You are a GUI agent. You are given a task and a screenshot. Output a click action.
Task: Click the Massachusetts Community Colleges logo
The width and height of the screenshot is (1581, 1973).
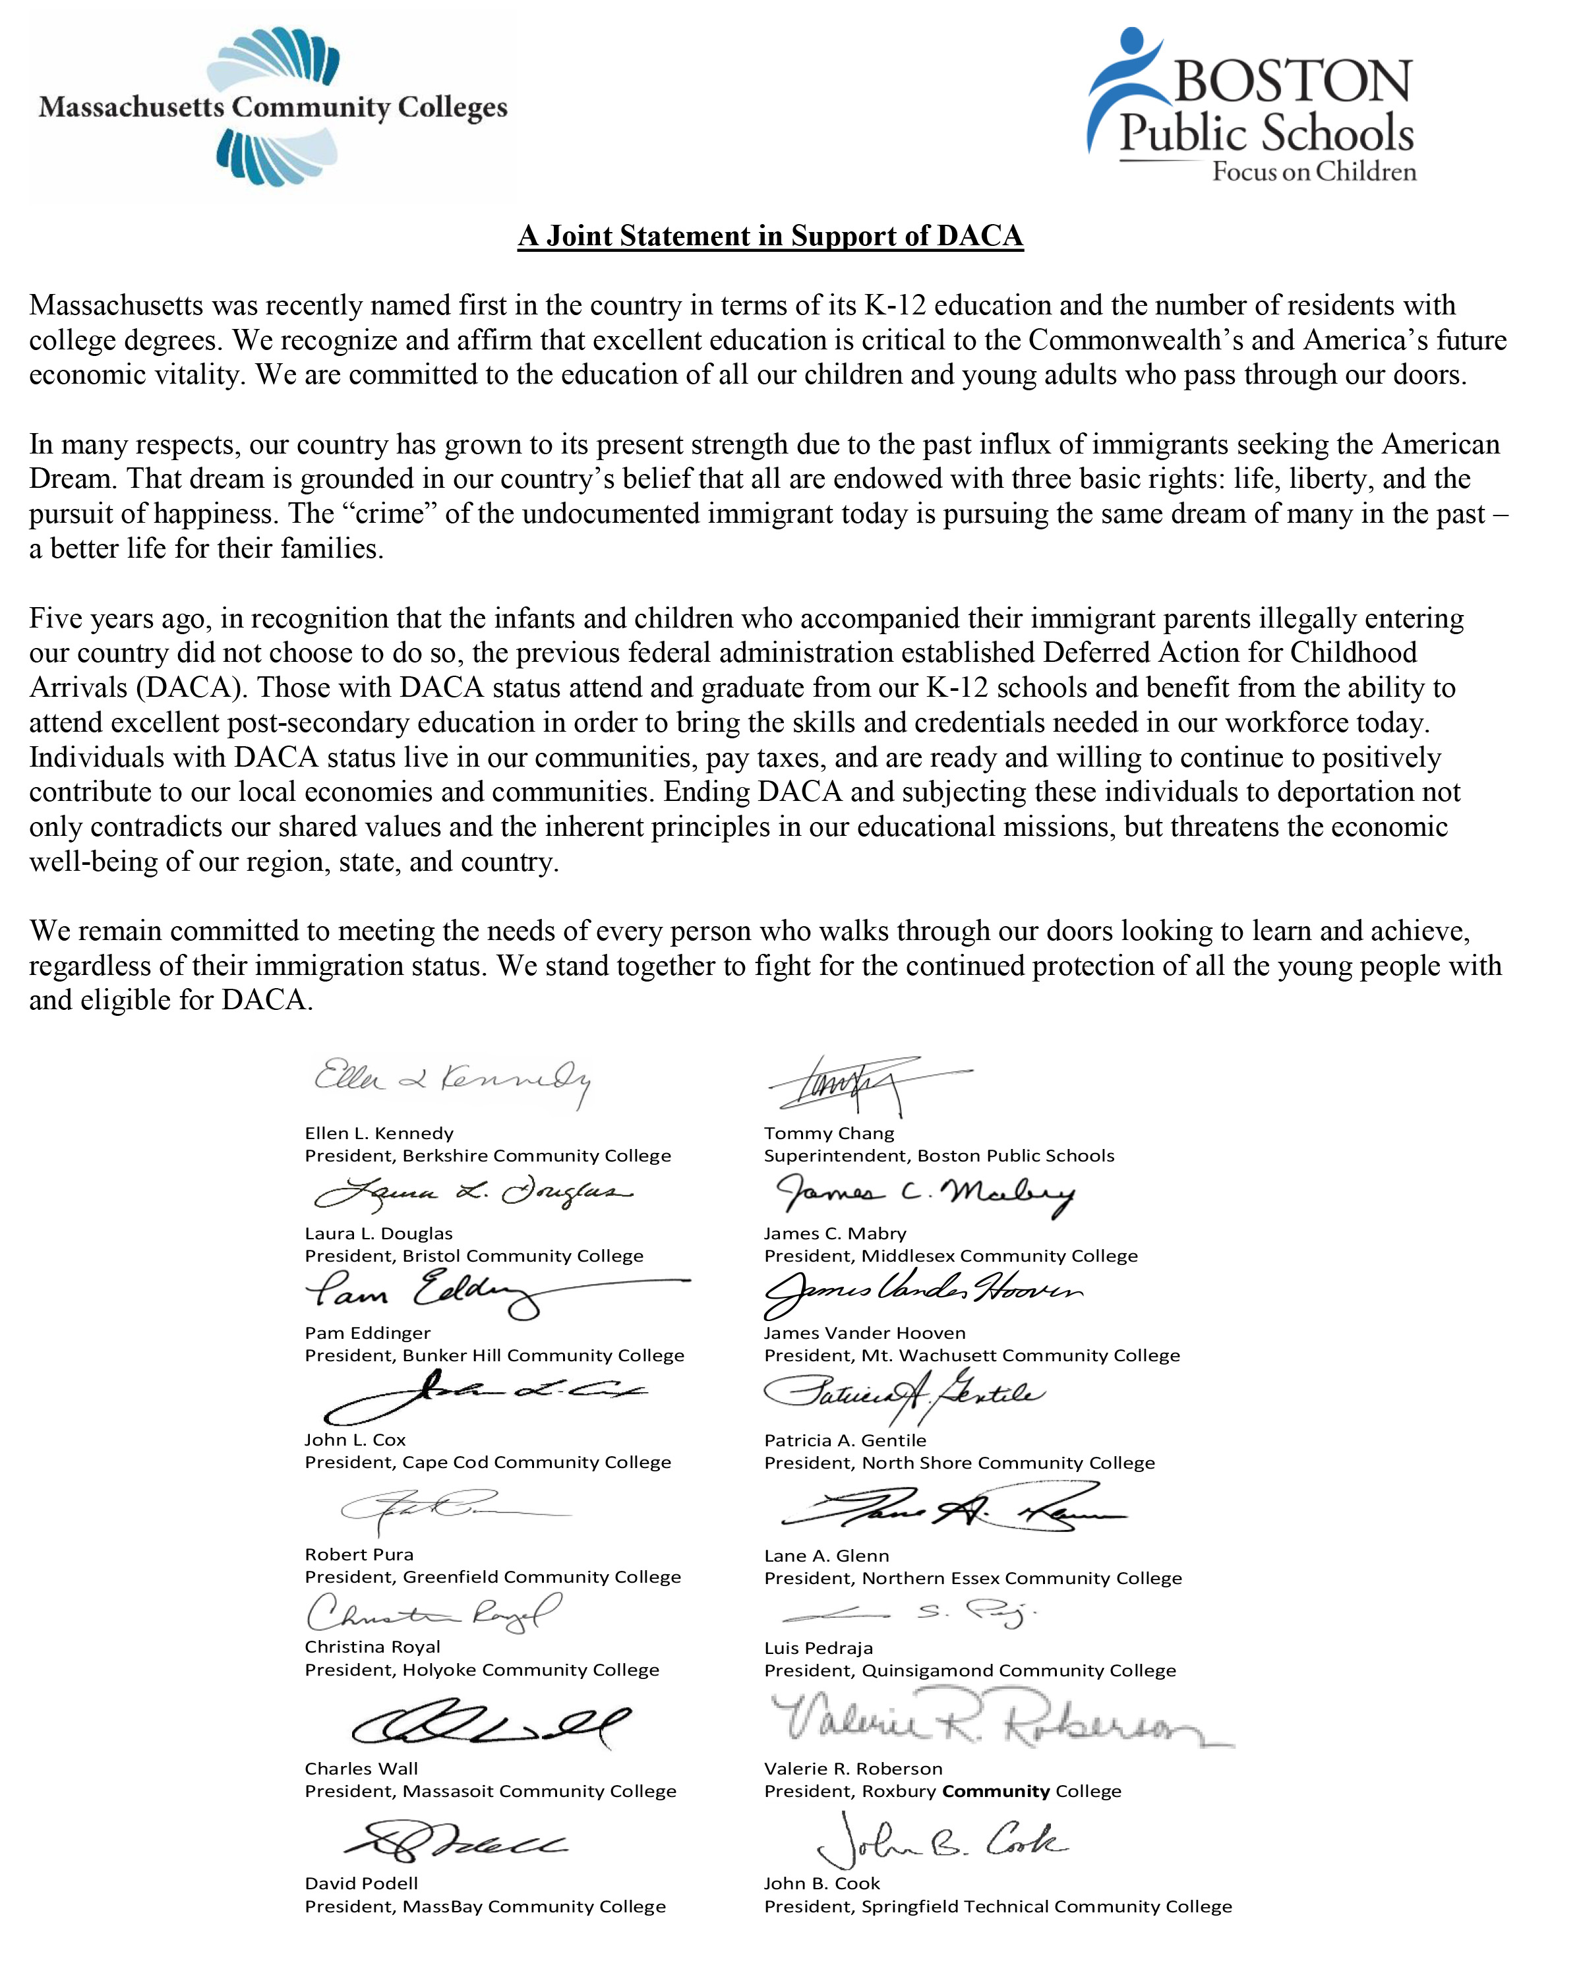pyautogui.click(x=273, y=107)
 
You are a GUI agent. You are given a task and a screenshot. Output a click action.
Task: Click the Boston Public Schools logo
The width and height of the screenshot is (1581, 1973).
pyautogui.click(x=1251, y=105)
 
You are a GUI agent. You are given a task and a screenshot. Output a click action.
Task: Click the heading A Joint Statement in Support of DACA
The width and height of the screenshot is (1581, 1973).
pyautogui.click(x=770, y=236)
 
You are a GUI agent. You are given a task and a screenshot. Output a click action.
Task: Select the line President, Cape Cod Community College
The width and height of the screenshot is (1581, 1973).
pyautogui.click(x=487, y=1462)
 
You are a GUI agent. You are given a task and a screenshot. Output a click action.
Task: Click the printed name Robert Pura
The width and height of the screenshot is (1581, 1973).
pyautogui.click(x=359, y=1554)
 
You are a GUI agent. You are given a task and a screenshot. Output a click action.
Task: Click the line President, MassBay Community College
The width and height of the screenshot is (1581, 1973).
pyautogui.click(x=485, y=1906)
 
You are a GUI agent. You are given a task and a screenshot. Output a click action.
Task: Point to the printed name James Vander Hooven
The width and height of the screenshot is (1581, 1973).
pyautogui.click(x=864, y=1332)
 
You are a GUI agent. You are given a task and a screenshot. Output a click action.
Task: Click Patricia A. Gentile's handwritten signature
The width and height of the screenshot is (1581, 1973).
pyautogui.click(x=902, y=1394)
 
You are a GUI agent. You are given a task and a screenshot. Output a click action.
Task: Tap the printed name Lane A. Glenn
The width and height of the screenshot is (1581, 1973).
pyautogui.click(x=825, y=1556)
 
